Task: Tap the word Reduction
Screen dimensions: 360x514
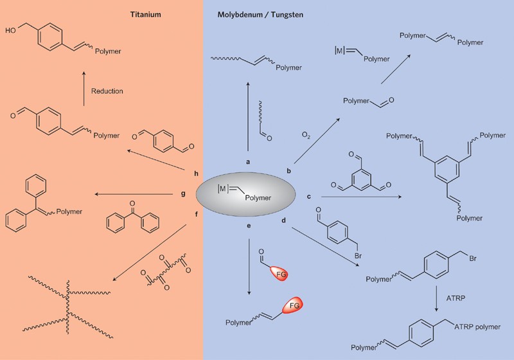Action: [x=107, y=91]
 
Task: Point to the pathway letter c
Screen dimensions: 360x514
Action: [x=310, y=196]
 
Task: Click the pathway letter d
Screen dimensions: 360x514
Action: [x=283, y=221]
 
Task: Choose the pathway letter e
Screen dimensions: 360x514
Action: [x=247, y=226]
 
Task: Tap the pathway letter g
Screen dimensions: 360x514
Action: [x=183, y=193]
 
